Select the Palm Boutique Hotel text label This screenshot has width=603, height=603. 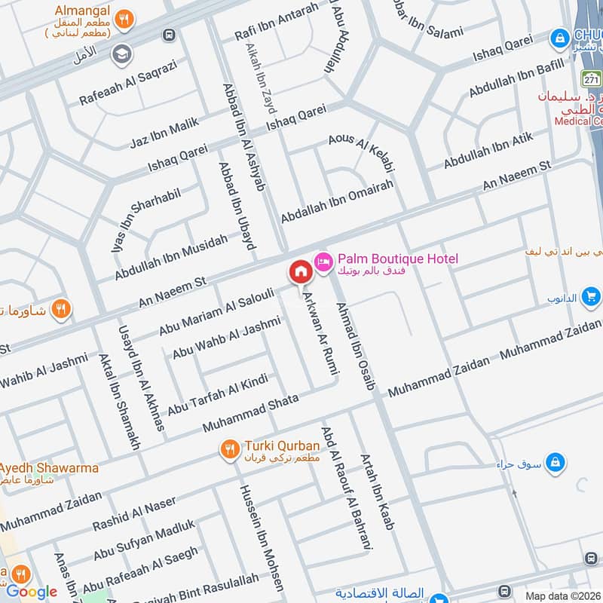tap(397, 259)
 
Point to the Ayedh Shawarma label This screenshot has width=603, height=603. tap(50, 468)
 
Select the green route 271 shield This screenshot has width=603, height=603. tap(590, 78)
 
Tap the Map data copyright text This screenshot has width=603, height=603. tap(562, 595)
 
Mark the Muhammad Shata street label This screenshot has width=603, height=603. tap(250, 412)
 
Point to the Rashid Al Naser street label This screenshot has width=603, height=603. tap(134, 513)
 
